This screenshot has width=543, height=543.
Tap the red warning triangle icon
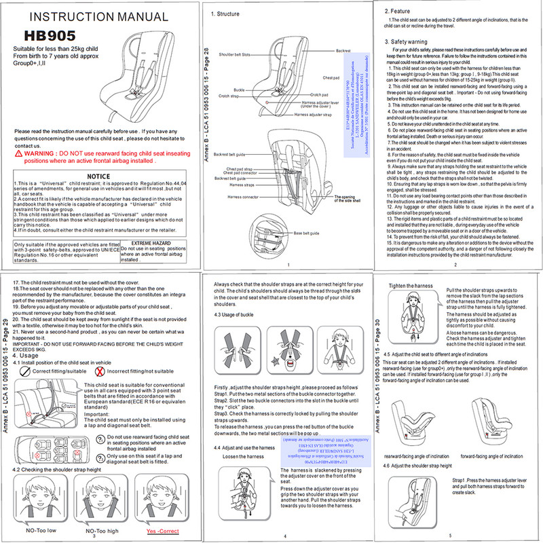click(x=18, y=155)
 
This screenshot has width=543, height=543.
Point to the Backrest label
click(x=344, y=51)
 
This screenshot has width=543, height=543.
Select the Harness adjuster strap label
click(x=314, y=115)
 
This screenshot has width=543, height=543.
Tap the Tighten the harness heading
click(x=411, y=286)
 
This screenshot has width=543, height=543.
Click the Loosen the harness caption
click(x=243, y=457)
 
